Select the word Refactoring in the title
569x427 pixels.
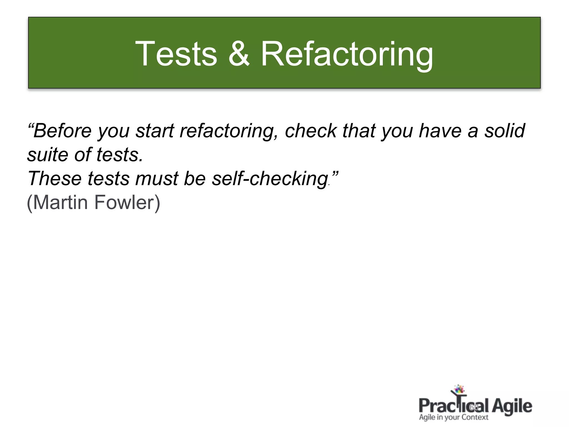347,54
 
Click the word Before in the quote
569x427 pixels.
63,130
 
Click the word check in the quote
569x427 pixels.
311,130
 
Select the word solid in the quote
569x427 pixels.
505,130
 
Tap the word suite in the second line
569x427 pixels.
47,155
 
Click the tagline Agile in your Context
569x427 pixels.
453,417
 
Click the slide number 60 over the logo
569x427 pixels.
473,408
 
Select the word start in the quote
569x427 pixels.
154,131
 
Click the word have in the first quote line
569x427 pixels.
440,130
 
